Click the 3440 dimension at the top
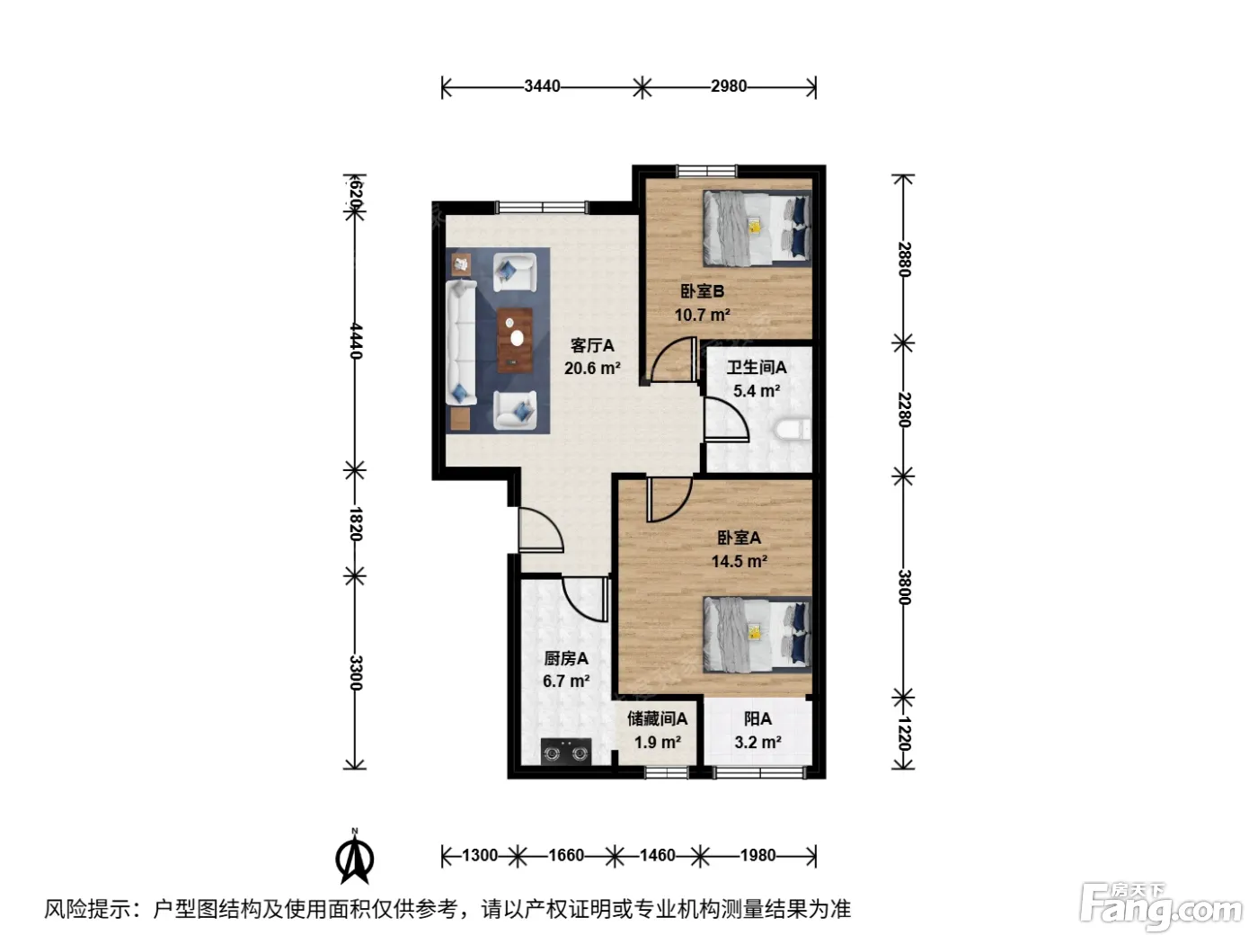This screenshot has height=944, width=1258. [542, 86]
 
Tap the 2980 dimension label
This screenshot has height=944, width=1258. [729, 86]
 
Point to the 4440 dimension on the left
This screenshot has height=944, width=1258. [356, 341]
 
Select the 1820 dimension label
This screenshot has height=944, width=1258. [356, 524]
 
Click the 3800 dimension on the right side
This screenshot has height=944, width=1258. [903, 587]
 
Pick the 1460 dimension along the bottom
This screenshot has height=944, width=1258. [657, 856]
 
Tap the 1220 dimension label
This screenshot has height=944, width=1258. [903, 733]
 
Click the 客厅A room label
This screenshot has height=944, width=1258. [592, 345]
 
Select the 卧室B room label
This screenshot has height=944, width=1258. [702, 291]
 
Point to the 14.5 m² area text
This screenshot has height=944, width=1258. [740, 560]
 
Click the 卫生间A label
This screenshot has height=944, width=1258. [757, 367]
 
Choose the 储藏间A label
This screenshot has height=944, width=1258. [658, 718]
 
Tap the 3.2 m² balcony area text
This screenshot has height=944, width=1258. [757, 743]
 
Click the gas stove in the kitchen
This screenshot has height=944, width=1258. [566, 752]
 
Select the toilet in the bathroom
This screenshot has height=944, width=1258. [792, 430]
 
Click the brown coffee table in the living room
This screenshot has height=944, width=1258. [515, 341]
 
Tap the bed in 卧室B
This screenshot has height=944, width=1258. [757, 228]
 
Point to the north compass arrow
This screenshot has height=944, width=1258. [355, 857]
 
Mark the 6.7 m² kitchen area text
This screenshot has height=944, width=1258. [566, 681]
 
